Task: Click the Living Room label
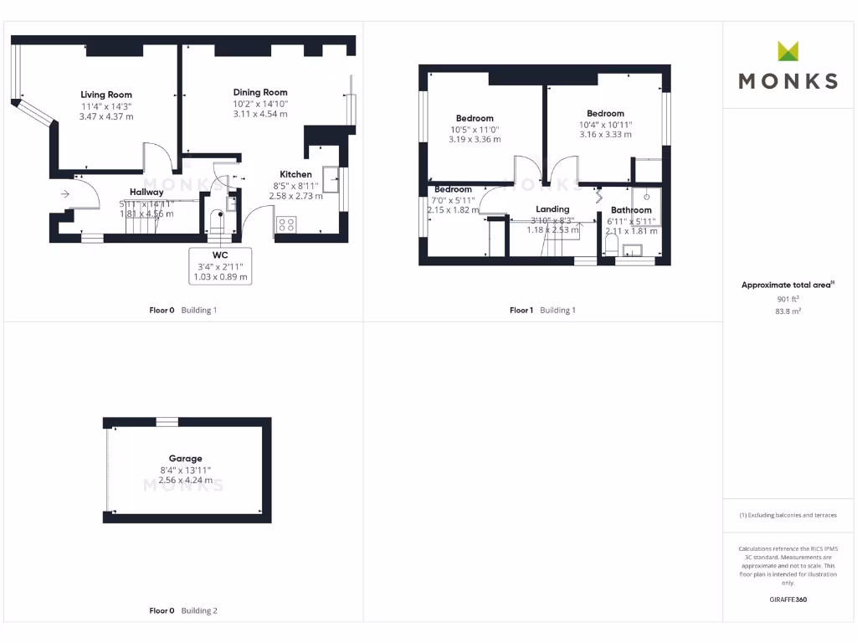tap(106, 95)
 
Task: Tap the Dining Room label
tap(260, 92)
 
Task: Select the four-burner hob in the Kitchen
tap(285, 224)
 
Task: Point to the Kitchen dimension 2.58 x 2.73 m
tap(295, 196)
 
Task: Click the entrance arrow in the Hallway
tap(65, 194)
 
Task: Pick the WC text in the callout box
tap(220, 255)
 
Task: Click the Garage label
tap(185, 459)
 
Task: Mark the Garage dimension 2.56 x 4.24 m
tap(185, 481)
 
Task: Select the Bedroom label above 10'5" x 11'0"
tap(475, 118)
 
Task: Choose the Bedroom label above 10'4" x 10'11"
tap(605, 114)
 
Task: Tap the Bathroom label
tap(631, 210)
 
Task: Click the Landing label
tap(552, 209)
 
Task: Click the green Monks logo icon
tap(788, 51)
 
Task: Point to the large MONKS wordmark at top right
tap(788, 80)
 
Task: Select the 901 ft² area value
tap(788, 298)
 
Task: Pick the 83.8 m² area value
tap(788, 311)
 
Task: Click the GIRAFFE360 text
tap(788, 599)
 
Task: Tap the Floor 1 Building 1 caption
tap(543, 311)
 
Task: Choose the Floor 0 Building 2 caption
tap(182, 611)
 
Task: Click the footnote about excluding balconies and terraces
tap(788, 516)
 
